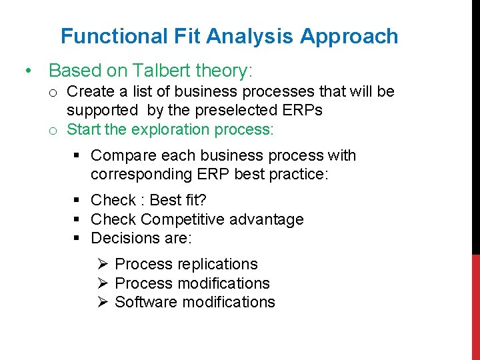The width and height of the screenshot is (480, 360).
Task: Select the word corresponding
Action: pos(141,174)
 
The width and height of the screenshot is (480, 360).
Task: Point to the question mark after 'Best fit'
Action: pos(203,200)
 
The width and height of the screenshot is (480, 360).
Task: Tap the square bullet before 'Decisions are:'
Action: pos(78,238)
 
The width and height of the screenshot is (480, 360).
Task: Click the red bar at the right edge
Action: pos(475,307)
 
